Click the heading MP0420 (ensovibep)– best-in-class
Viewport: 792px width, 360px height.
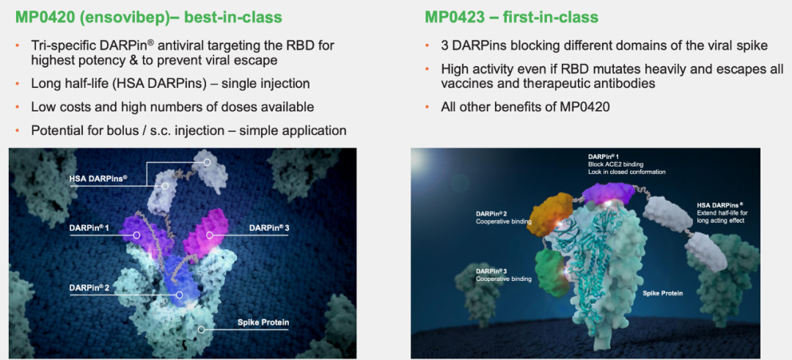148,18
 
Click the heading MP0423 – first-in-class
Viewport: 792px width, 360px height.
511,18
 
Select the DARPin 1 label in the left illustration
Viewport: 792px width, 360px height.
89,228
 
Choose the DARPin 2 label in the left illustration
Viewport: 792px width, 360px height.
89,287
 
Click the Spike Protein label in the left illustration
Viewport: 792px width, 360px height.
259,322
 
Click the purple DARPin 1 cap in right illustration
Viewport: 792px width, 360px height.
607,194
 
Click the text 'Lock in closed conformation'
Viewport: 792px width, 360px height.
626,172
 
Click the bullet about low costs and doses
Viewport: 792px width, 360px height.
172,107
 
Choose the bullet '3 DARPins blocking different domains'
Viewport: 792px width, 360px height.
604,45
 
